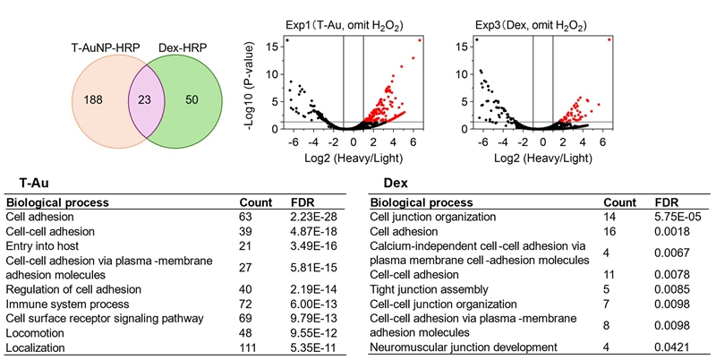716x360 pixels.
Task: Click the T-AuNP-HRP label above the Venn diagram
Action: [100, 42]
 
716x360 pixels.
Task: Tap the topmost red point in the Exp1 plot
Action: [421, 40]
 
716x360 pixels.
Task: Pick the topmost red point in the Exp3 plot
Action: [609, 39]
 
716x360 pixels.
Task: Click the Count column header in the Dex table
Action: [619, 202]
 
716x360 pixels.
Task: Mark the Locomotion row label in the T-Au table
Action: [33, 332]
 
